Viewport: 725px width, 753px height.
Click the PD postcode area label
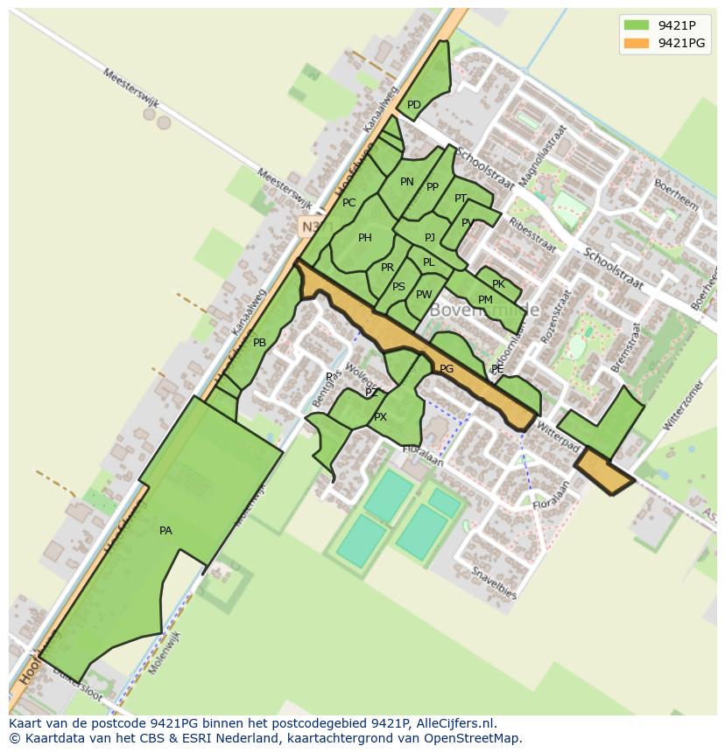click(414, 105)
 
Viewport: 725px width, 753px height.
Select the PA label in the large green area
click(165, 531)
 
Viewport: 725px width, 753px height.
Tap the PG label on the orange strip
click(447, 369)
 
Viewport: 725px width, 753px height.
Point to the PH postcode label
click(365, 238)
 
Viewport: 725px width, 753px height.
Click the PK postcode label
click(498, 284)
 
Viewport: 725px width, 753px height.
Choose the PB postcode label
click(259, 343)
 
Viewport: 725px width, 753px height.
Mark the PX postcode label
click(380, 417)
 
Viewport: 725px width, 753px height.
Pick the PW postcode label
click(424, 295)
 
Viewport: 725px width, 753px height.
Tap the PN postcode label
click(407, 182)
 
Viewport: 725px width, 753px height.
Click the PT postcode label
click(461, 199)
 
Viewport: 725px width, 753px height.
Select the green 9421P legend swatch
click(637, 25)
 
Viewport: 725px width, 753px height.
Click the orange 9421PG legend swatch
click(637, 43)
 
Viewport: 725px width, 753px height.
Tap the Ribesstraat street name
click(532, 234)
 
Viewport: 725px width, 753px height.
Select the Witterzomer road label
click(683, 407)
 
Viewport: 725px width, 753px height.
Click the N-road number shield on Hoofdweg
click(308, 227)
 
